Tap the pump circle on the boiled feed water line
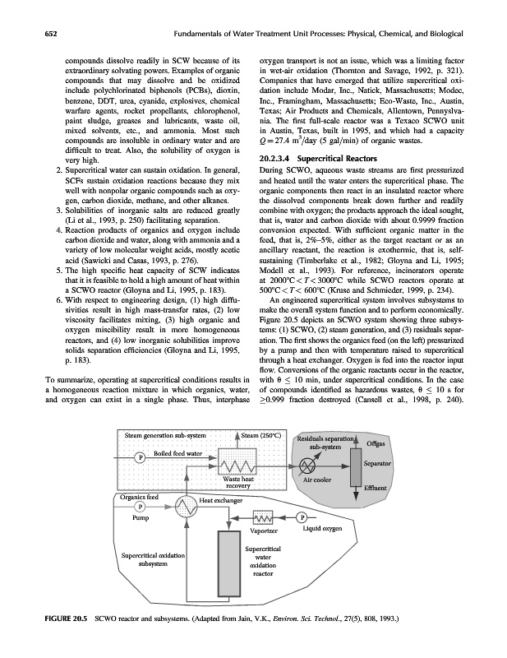point(141,456)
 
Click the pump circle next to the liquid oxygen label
point(302,518)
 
